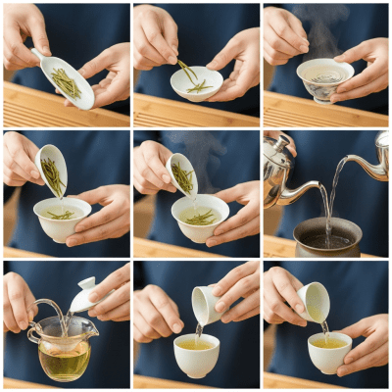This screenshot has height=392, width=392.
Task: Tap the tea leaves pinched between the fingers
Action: (x=186, y=71)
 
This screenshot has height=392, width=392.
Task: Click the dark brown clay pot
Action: (x=326, y=238)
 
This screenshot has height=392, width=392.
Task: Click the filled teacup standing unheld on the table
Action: (x=196, y=355)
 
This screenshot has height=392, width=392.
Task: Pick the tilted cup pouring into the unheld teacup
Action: (x=205, y=303)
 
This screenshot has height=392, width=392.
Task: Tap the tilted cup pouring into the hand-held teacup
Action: (x=314, y=301)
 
